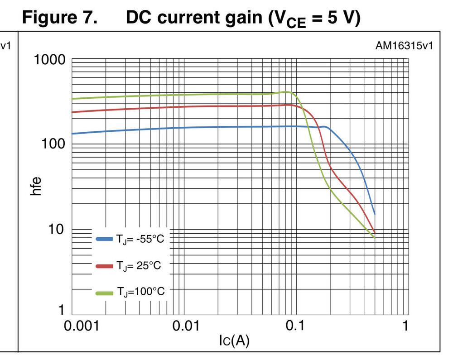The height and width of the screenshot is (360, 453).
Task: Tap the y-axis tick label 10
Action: point(57,229)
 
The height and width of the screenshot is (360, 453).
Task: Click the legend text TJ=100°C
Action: point(141,292)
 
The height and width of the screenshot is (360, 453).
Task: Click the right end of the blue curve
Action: point(374,213)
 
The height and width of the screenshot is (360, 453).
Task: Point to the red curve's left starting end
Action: point(73,112)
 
